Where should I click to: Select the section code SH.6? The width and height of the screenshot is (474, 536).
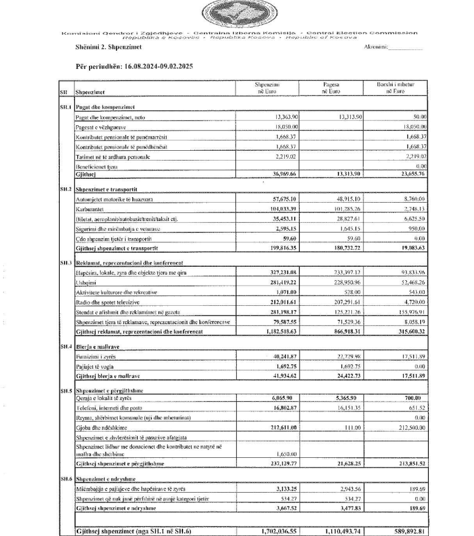tap(65, 477)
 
